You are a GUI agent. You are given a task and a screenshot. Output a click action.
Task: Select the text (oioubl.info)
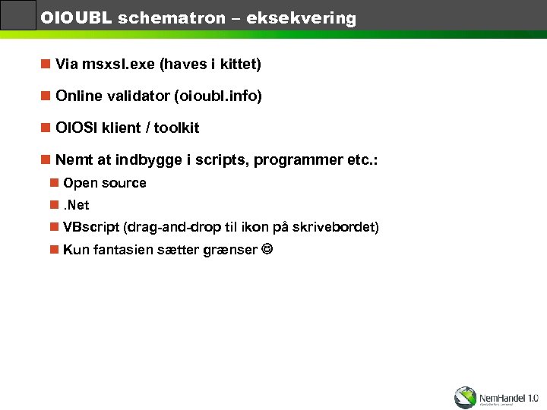click(x=218, y=96)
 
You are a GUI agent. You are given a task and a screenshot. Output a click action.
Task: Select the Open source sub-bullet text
click(x=105, y=183)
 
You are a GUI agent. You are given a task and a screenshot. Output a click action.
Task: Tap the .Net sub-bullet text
click(x=76, y=205)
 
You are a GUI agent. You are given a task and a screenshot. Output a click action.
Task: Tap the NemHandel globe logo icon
click(x=465, y=396)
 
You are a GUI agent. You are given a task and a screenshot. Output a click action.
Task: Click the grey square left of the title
click(x=18, y=15)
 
